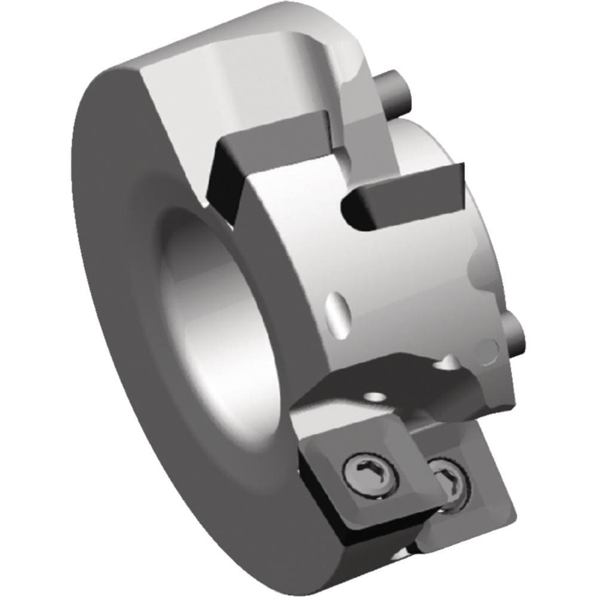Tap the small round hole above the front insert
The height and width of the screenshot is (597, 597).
click(375, 396)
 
